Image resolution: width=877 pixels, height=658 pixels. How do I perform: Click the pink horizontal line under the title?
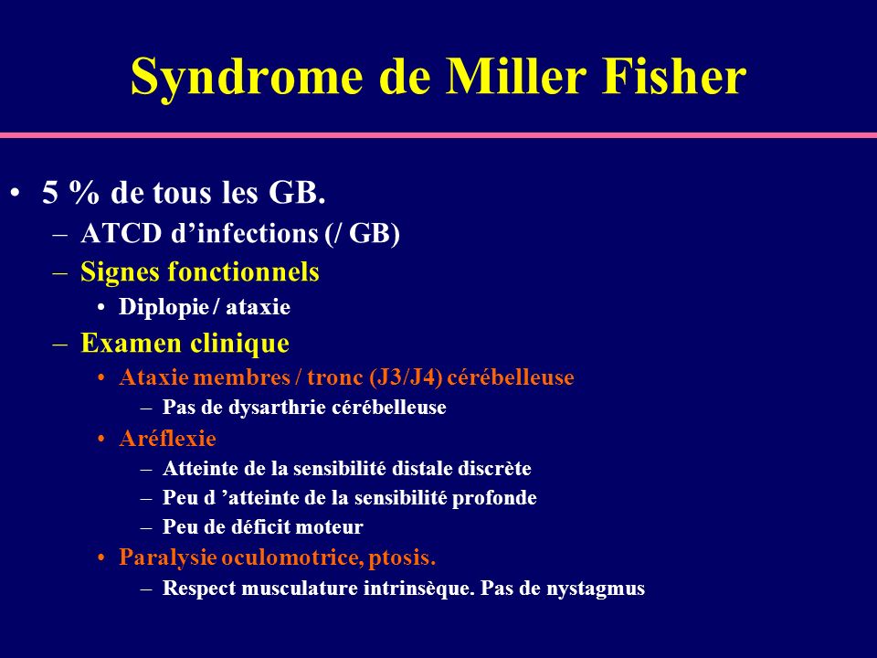(438, 135)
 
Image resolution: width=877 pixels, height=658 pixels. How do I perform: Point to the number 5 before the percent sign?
(50, 193)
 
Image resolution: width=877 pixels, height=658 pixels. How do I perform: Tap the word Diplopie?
(164, 308)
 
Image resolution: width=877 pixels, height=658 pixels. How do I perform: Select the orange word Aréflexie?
(167, 438)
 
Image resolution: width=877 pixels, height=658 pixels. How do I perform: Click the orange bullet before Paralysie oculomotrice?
(101, 557)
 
